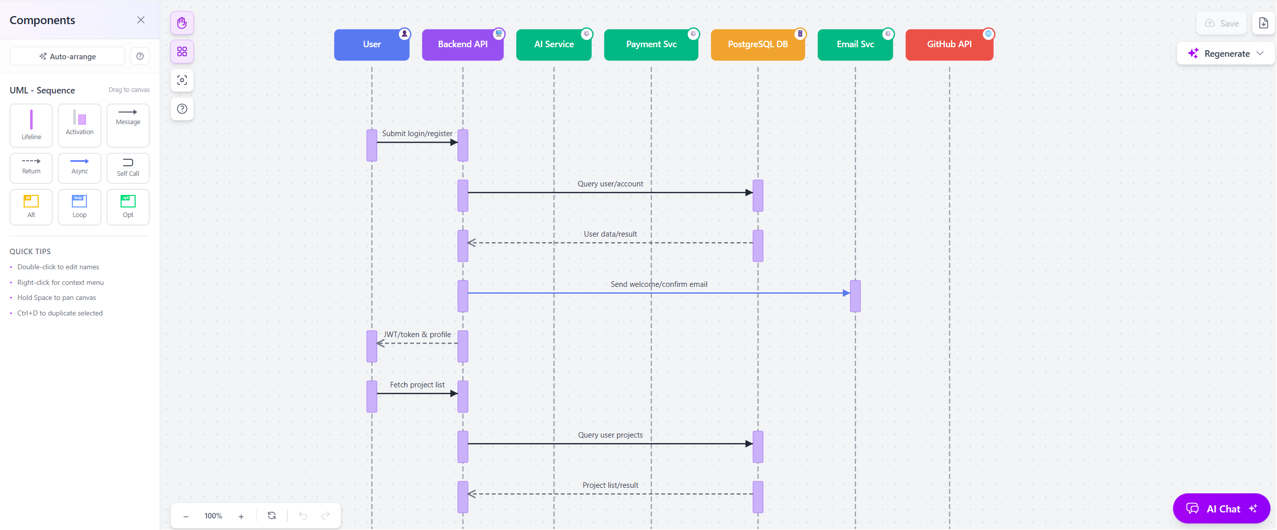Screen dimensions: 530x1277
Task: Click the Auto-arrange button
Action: pyautogui.click(x=67, y=56)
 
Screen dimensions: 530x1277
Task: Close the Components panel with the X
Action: pyautogui.click(x=141, y=20)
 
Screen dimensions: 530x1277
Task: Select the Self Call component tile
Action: pyautogui.click(x=128, y=168)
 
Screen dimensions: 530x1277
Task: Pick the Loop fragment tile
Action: pyautogui.click(x=79, y=206)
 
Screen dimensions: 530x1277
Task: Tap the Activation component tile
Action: pyautogui.click(x=79, y=125)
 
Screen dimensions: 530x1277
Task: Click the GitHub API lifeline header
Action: pyautogui.click(x=948, y=44)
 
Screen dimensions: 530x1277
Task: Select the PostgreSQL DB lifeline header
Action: pyautogui.click(x=757, y=44)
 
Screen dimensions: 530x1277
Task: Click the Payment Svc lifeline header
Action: pyautogui.click(x=651, y=44)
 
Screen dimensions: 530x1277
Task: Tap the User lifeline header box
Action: pyautogui.click(x=371, y=44)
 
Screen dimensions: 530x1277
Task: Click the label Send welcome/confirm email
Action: pyautogui.click(x=659, y=284)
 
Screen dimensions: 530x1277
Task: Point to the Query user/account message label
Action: pyautogui.click(x=610, y=184)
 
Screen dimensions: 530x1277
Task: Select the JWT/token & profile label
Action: pyautogui.click(x=417, y=335)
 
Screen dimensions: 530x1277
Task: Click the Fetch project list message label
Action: pyautogui.click(x=417, y=385)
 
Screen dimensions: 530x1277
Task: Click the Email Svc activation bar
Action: pyautogui.click(x=855, y=296)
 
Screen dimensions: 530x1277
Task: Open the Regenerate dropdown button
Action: pyautogui.click(x=1226, y=54)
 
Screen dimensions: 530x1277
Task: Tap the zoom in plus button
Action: pyautogui.click(x=241, y=516)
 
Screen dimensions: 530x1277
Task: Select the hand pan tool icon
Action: pyautogui.click(x=182, y=23)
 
